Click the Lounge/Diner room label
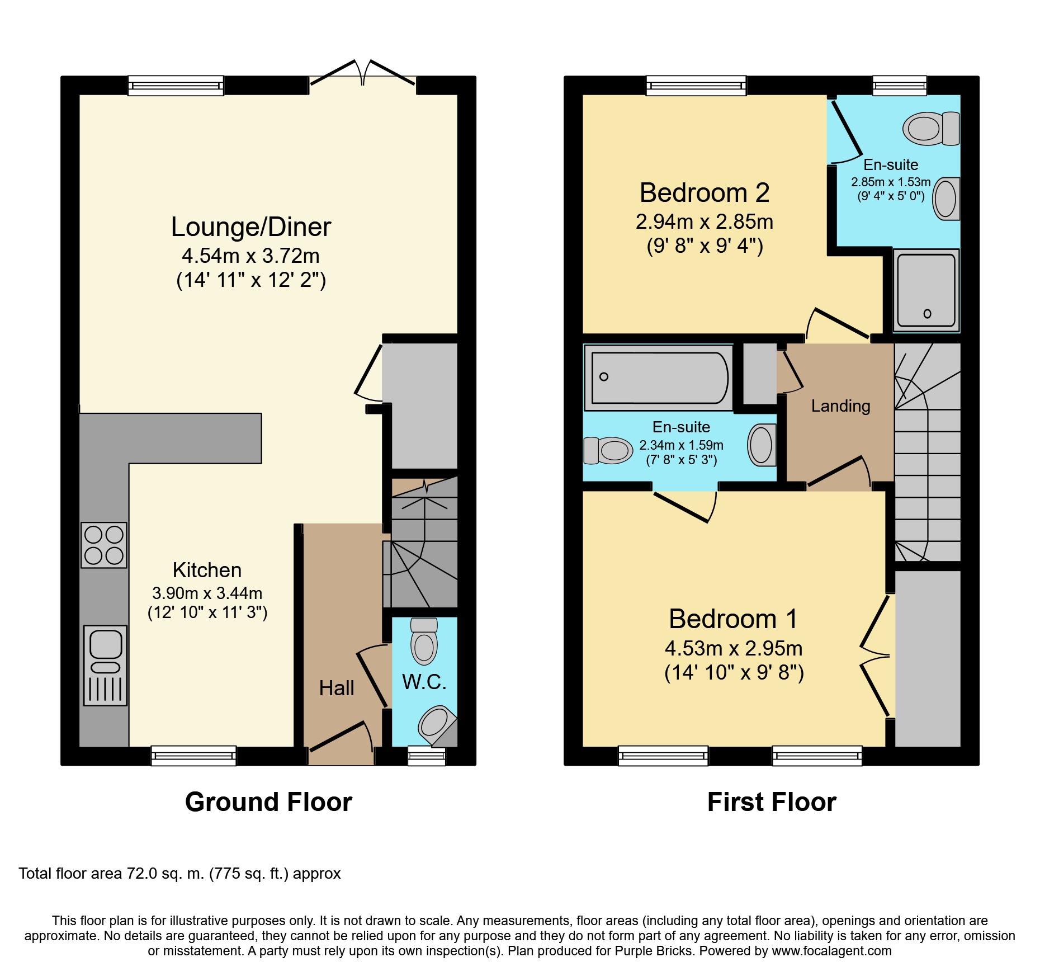tap(251, 227)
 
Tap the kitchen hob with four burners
tap(104, 545)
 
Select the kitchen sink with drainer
tap(105, 665)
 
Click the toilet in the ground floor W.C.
tap(424, 641)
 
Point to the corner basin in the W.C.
tap(437, 726)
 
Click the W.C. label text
tap(424, 682)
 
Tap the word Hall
tap(337, 688)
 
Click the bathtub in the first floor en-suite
tap(659, 378)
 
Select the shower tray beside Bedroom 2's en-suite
tap(926, 290)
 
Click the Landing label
tap(840, 406)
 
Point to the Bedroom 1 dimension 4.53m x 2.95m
tap(734, 648)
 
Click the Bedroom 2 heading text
tap(705, 193)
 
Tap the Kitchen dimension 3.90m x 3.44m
tap(207, 593)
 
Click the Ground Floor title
tap(268, 802)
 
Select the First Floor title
tap(772, 802)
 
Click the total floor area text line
tap(179, 874)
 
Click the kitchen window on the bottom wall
tap(193, 756)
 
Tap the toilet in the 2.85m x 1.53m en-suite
tap(931, 129)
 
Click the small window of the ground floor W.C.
tap(427, 756)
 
